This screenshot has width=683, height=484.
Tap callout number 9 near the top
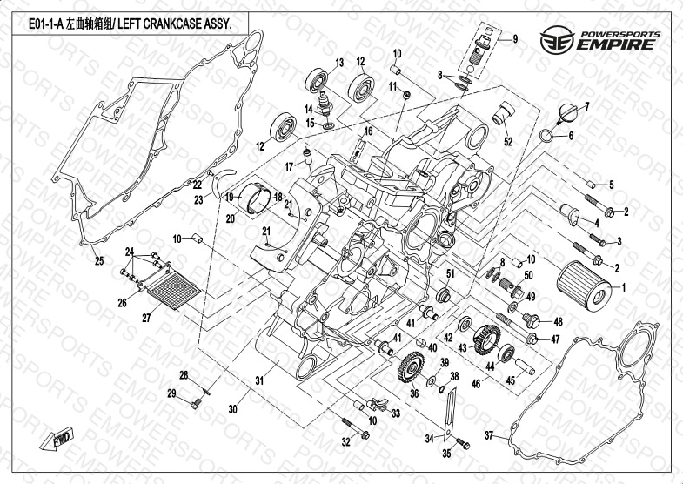514,39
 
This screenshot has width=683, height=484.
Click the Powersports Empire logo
599,40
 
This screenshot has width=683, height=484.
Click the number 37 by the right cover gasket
489,434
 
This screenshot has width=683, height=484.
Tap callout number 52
508,141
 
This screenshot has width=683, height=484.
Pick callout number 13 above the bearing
340,61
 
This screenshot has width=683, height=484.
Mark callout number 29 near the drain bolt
172,394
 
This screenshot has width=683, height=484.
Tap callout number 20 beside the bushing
231,218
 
